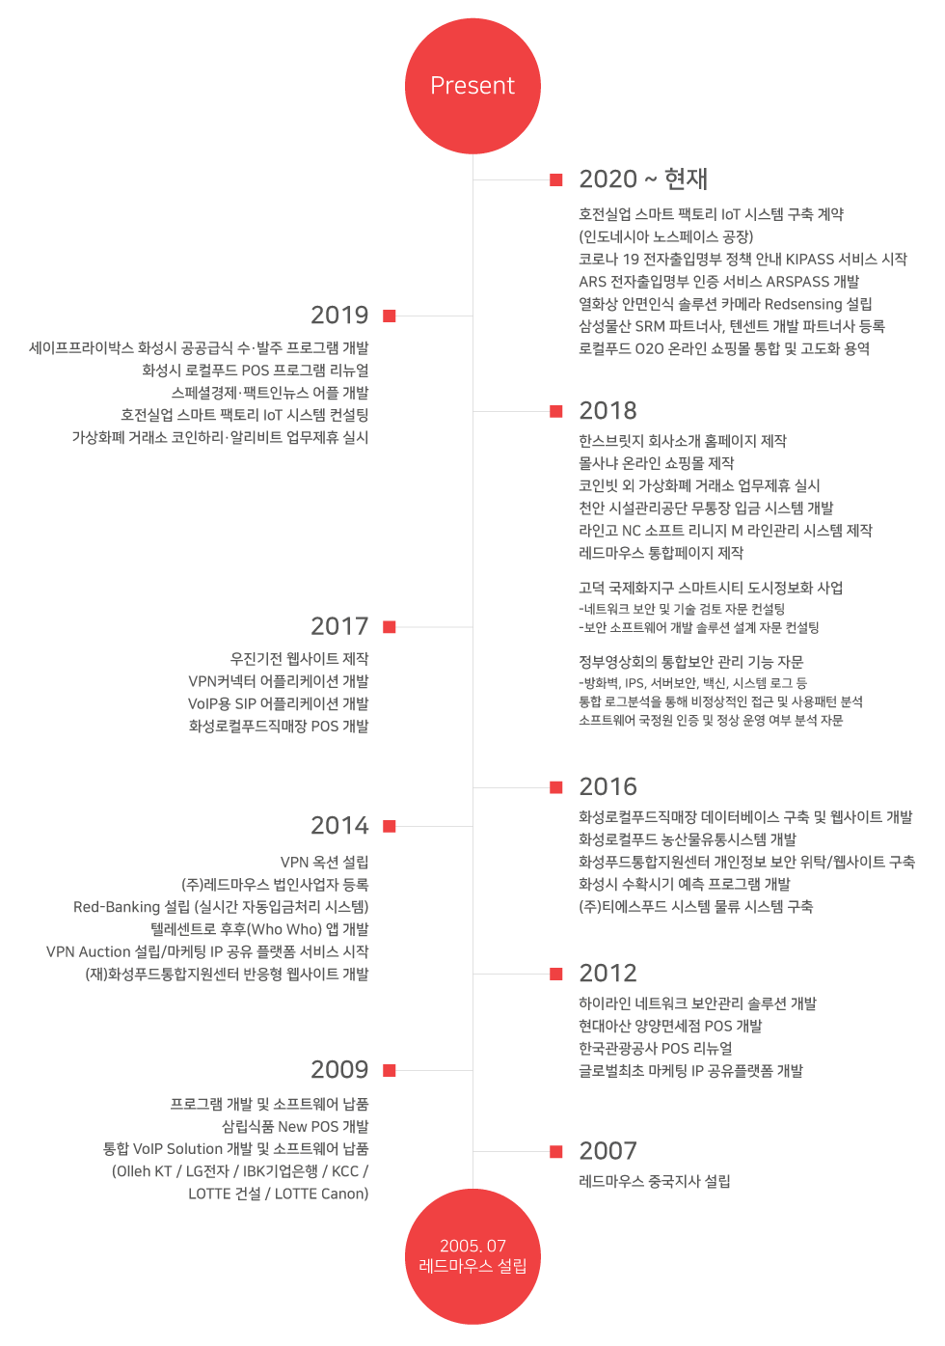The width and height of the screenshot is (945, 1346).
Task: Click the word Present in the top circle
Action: [472, 86]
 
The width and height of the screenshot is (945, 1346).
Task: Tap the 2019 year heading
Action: [339, 315]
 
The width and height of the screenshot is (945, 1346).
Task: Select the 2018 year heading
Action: [607, 410]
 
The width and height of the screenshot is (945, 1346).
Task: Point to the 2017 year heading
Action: [339, 626]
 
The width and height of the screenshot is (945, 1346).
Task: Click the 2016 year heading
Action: [607, 786]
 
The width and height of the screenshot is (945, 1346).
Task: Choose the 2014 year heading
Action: [339, 826]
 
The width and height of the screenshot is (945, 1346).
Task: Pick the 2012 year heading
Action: [607, 973]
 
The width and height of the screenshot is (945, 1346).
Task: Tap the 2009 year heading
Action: [339, 1070]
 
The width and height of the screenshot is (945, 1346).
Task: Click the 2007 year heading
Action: [607, 1151]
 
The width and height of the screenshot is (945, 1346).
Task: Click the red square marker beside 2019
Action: [389, 316]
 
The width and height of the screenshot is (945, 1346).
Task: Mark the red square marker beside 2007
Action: [556, 1151]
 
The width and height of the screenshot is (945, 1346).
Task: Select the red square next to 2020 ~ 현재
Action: [556, 179]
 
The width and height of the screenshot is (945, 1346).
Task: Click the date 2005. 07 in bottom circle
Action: [472, 1246]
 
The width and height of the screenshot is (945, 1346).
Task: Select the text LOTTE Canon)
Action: [321, 1194]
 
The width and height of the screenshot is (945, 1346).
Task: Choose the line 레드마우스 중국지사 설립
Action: [655, 1181]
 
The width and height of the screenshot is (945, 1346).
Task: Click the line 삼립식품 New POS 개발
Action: [295, 1126]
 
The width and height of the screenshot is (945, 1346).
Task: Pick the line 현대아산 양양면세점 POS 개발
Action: [670, 1026]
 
